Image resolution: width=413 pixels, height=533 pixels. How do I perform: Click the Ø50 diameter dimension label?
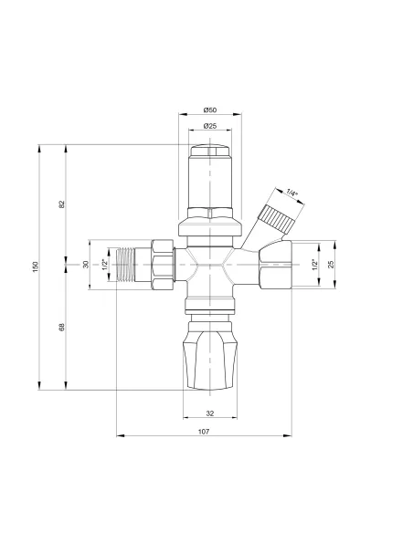coord(209,110)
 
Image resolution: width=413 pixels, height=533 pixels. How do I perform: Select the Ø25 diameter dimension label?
coord(209,125)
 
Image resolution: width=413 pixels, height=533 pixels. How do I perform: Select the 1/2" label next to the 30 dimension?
coord(105,264)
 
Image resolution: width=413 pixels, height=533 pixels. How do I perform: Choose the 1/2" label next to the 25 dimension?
coord(313,264)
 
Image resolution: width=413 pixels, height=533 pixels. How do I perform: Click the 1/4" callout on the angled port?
coord(291,193)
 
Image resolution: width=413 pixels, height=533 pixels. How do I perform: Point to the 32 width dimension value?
coord(209,413)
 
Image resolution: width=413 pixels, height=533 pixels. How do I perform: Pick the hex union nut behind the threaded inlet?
coord(164,265)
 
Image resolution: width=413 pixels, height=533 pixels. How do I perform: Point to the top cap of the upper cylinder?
coord(209,152)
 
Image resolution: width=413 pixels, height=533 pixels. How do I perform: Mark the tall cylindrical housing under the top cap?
coord(209,187)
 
